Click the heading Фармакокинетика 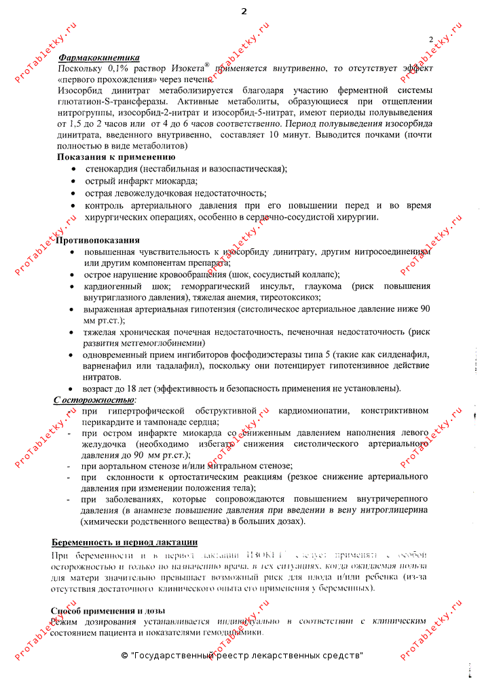(99, 59)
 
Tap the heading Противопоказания (98, 241)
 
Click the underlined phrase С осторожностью (94, 400)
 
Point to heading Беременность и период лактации (125, 542)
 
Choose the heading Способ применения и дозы (109, 610)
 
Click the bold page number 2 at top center (244, 12)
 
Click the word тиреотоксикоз (289, 297)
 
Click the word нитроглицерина (394, 510)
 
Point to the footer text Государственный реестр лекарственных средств (246, 656)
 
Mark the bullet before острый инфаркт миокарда (73, 182)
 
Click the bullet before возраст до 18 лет (73, 389)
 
